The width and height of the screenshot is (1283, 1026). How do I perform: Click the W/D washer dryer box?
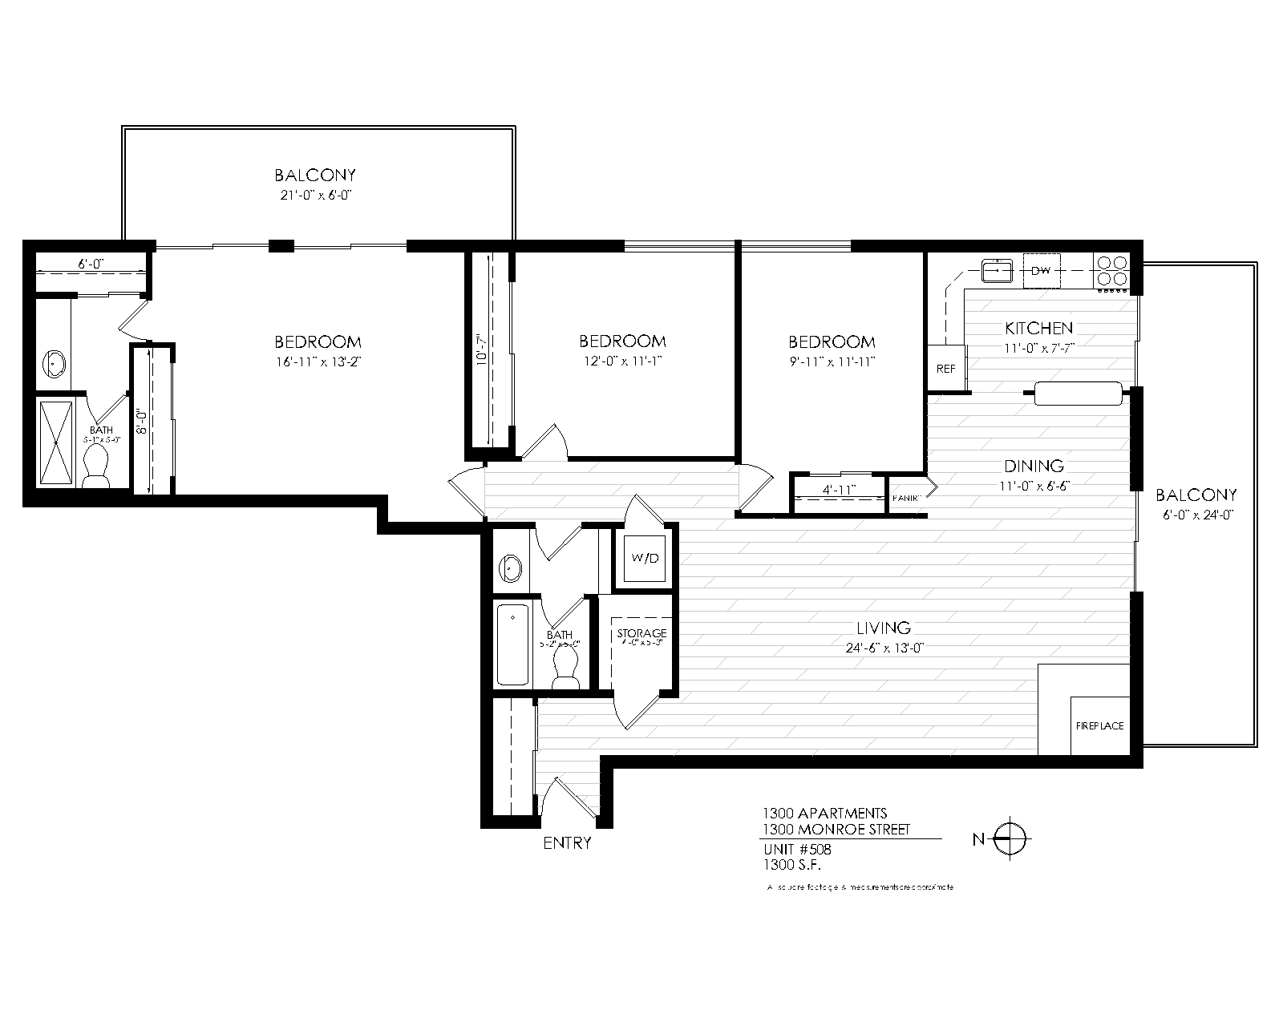(x=645, y=558)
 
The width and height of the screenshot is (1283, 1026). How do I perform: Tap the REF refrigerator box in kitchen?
(x=946, y=369)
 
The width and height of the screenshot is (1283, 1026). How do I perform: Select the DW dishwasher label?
(x=1041, y=270)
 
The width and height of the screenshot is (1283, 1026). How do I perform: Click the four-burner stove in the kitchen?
(x=1110, y=271)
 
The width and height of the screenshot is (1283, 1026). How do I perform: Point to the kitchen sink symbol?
(x=998, y=271)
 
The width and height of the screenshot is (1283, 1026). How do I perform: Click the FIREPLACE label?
(x=1099, y=726)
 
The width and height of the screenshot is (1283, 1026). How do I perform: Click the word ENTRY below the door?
(x=567, y=843)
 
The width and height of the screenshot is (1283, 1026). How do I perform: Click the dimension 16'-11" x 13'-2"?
(x=318, y=362)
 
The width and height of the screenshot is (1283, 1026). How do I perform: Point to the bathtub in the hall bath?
(x=513, y=644)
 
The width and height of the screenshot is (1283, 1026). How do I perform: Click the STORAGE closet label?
(x=641, y=633)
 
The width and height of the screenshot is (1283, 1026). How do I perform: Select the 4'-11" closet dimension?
(x=840, y=489)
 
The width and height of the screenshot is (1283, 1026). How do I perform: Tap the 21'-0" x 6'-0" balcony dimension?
(x=314, y=195)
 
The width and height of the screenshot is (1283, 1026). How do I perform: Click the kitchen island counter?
(x=1078, y=394)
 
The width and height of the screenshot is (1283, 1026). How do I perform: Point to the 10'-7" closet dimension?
(x=481, y=349)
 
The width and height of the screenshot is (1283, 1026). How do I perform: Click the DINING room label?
(x=1034, y=466)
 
